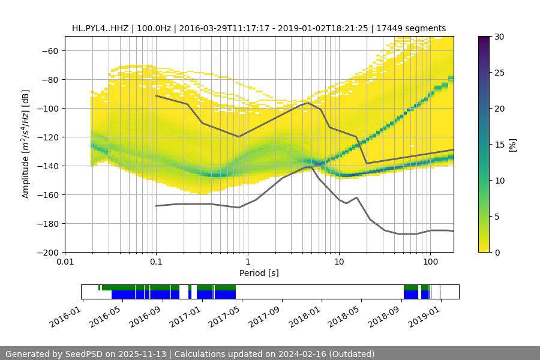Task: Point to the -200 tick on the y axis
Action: tap(49, 252)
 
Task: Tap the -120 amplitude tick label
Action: tap(49, 137)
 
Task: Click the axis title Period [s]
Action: tap(259, 273)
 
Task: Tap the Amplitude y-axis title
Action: tap(26, 144)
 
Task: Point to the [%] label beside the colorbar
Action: tap(512, 145)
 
